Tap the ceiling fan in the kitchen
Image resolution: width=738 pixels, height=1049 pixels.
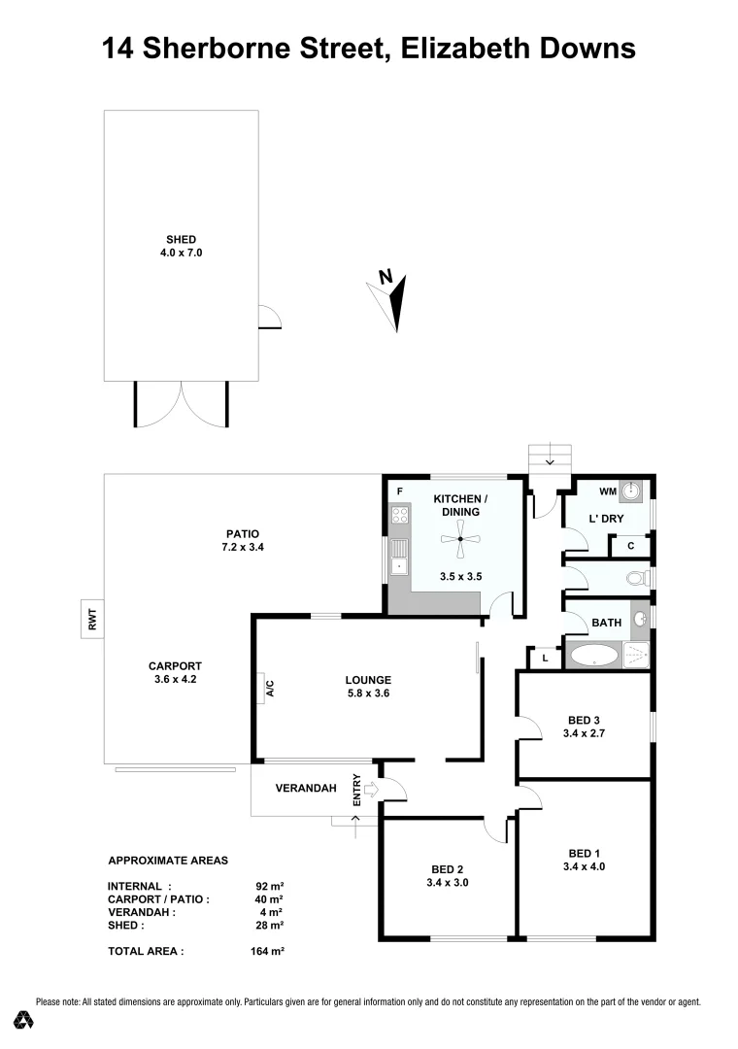460,539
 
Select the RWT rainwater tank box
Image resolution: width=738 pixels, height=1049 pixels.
93,619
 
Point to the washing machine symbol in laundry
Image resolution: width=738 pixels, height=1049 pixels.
631,492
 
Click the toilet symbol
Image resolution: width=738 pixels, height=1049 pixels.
635,579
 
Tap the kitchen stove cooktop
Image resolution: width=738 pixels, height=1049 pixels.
398,517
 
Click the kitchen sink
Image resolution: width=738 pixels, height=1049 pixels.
398,562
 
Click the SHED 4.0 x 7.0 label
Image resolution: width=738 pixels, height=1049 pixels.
181,246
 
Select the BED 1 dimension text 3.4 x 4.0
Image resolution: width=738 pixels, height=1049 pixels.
583,866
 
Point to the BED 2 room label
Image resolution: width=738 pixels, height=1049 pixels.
447,869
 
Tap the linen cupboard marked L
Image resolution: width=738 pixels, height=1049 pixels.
546,659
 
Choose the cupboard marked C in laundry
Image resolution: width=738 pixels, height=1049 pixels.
630,546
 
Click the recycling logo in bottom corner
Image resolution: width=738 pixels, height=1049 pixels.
23,1020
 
